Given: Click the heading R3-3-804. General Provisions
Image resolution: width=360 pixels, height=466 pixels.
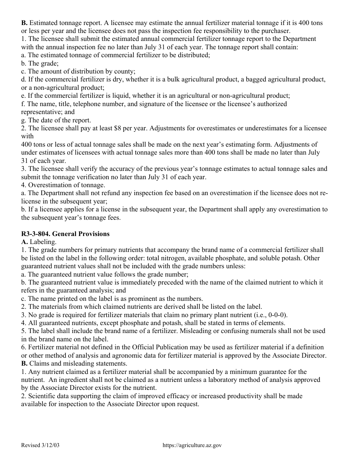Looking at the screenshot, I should click(x=65, y=234).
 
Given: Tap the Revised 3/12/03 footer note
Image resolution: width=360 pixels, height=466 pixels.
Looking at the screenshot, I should click(x=40, y=446).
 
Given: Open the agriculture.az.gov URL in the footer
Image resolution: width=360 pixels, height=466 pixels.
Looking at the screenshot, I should click(x=192, y=446).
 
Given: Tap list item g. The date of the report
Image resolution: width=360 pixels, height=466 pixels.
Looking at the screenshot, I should click(x=56, y=120).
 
